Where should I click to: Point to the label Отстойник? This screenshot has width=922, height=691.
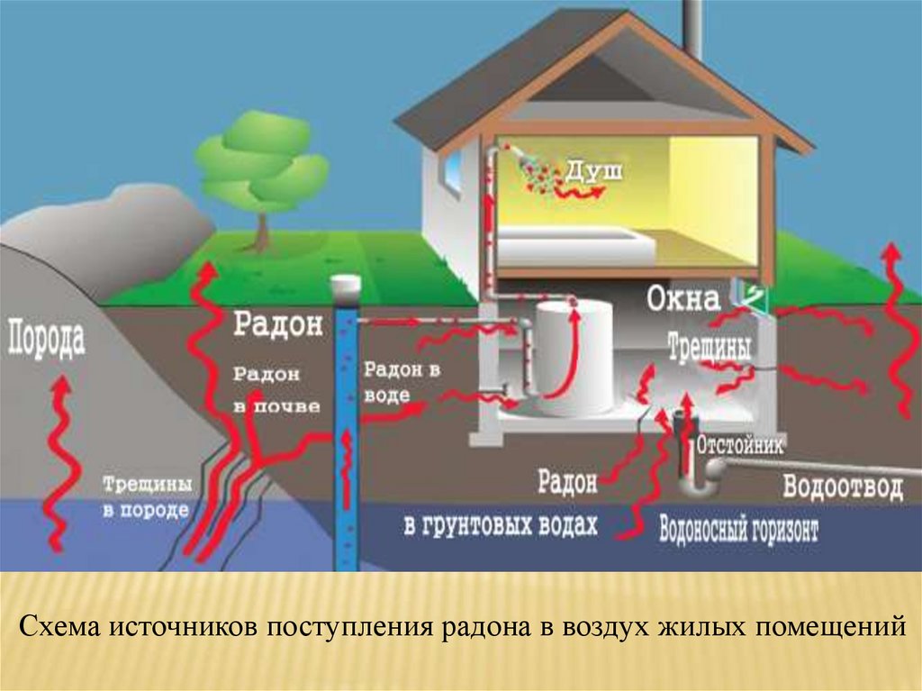tap(741, 445)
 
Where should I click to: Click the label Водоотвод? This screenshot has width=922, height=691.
tap(842, 487)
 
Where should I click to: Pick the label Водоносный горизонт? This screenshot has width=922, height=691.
tap(739, 529)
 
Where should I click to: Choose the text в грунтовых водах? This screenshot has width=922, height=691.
tap(500, 524)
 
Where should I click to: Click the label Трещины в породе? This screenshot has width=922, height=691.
tap(146, 496)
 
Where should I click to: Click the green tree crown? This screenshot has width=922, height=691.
tap(262, 163)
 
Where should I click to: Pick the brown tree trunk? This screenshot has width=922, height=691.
tap(262, 231)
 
